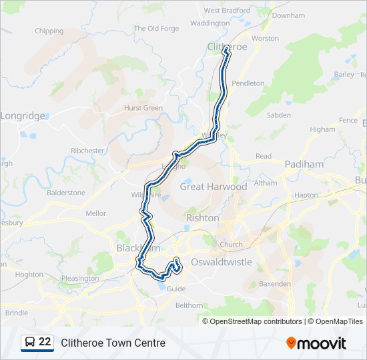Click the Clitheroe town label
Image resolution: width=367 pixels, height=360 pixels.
tap(227, 46)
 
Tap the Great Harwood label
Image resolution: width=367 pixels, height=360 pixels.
tap(213, 187)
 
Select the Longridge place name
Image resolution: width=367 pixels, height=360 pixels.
tap(23, 115)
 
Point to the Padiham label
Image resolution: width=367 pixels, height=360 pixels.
tap(304, 164)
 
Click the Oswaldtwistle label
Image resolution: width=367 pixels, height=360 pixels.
tap(222, 262)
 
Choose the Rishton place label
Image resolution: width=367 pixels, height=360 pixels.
tap(202, 218)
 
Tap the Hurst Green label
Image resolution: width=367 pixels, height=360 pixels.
tap(143, 108)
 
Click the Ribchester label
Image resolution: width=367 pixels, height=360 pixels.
tap(87, 151)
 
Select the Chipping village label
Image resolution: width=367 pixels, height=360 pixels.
tap(49, 31)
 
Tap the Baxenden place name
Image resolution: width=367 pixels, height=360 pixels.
tap(275, 284)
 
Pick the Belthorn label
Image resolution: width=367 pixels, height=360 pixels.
tap(189, 305)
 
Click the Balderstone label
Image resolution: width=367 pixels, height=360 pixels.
tap(66, 193)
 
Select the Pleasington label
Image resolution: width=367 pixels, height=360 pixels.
tap(79, 278)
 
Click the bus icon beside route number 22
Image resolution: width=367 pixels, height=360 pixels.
tap(30, 343)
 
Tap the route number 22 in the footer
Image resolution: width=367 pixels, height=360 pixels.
tap(45, 342)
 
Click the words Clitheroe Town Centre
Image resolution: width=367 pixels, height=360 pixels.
tap(113, 343)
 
